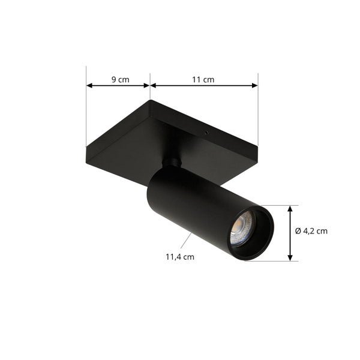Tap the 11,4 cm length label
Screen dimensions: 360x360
(180, 257)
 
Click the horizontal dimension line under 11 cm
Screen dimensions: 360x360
(204, 86)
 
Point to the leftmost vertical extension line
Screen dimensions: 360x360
(86, 114)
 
